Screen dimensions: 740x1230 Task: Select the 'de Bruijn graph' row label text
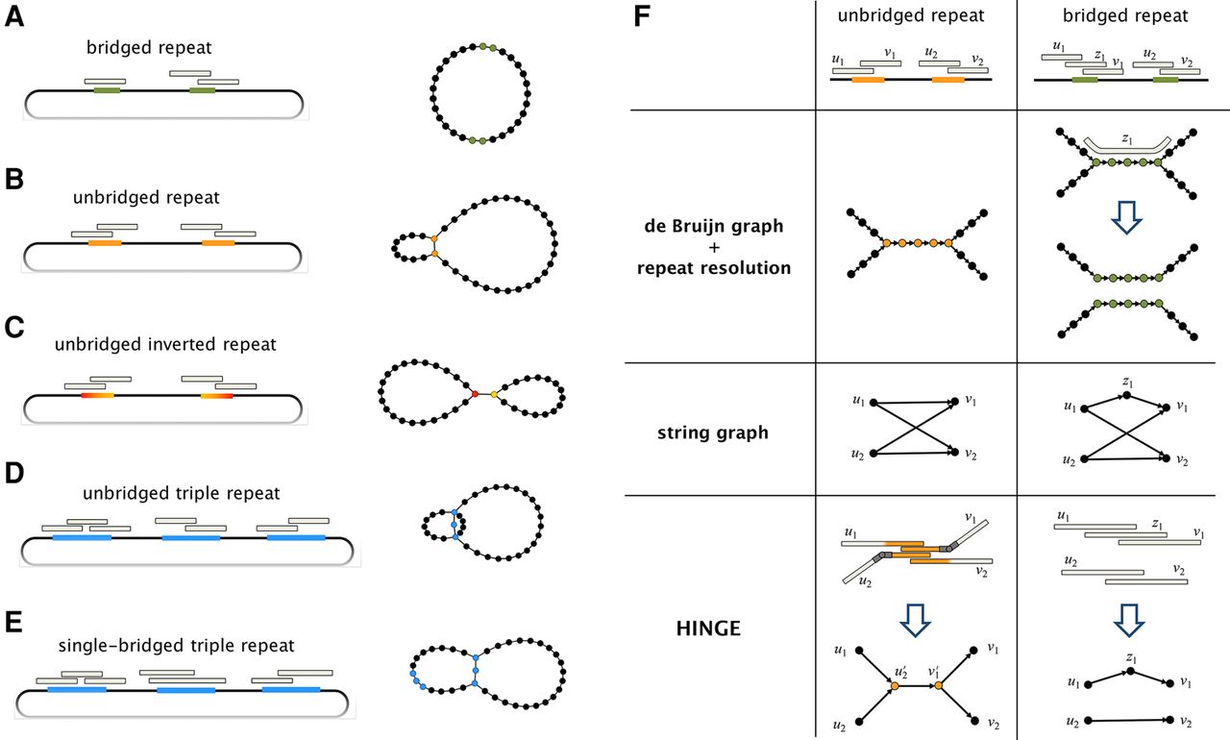coord(713,226)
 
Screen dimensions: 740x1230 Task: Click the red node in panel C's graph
coord(474,394)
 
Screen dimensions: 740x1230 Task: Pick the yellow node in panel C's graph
coord(494,394)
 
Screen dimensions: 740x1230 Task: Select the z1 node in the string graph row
coord(1131,395)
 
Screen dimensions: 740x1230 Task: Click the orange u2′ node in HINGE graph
coord(895,686)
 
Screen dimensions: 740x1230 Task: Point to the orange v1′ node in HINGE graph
coord(939,686)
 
